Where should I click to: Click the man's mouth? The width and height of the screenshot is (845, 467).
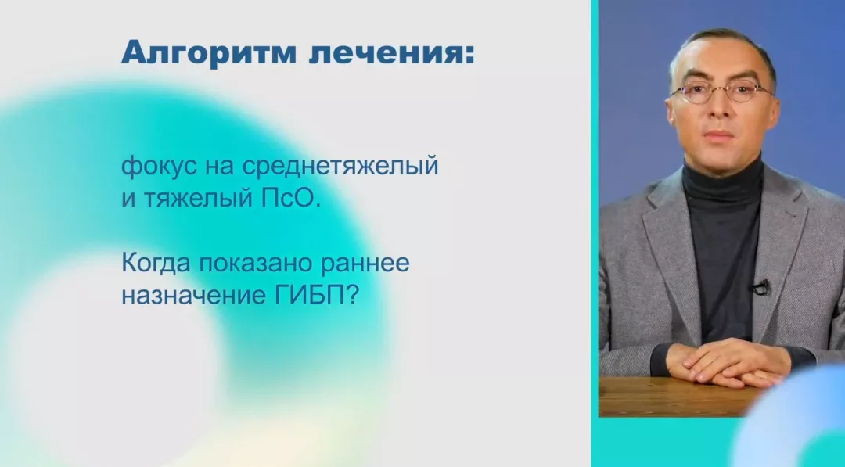point(721,135)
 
